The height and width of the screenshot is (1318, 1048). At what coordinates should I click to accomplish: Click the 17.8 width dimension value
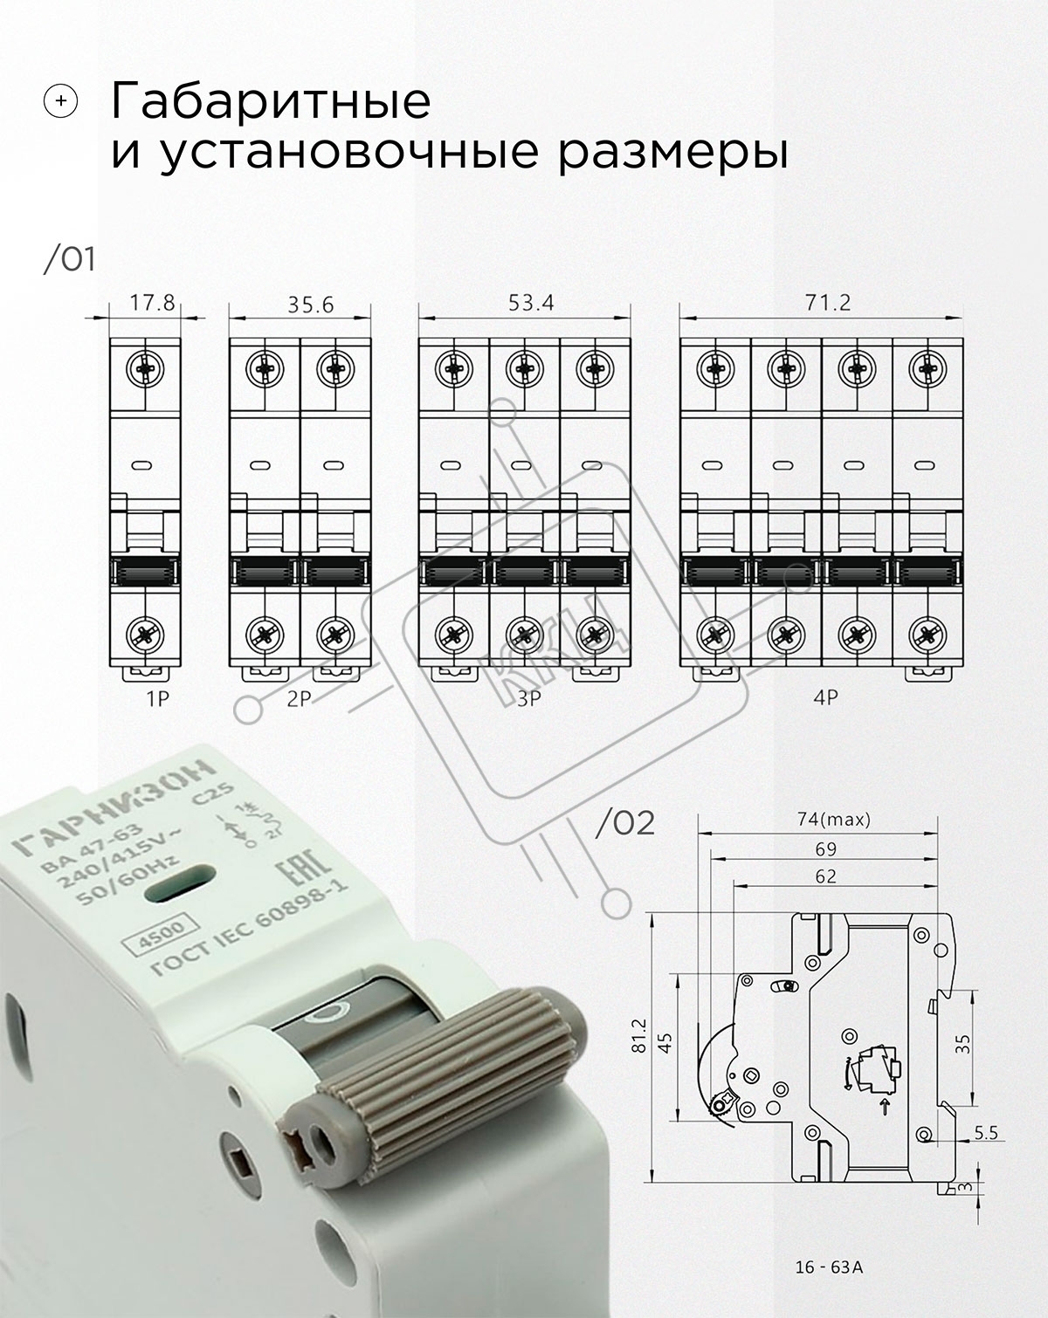click(x=152, y=303)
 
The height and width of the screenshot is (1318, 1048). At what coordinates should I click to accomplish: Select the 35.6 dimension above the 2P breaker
click(x=311, y=305)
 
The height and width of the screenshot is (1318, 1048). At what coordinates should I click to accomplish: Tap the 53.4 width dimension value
click(x=531, y=303)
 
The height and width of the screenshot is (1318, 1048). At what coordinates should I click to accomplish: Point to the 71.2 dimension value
click(x=827, y=303)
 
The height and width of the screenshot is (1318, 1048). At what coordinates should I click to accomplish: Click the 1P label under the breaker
click(x=157, y=699)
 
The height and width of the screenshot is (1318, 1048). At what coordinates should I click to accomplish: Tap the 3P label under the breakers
click(x=528, y=699)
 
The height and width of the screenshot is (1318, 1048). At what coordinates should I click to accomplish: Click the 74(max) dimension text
click(x=833, y=820)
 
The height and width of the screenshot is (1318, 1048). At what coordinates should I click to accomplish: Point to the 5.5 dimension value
click(x=986, y=1133)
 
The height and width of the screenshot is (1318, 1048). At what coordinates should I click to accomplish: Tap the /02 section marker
click(x=625, y=824)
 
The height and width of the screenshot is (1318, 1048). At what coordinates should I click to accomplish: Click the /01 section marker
click(x=70, y=260)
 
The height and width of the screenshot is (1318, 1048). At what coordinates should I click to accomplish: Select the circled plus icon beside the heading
click(x=60, y=101)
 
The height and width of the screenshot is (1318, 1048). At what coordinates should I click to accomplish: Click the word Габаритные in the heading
click(x=271, y=101)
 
